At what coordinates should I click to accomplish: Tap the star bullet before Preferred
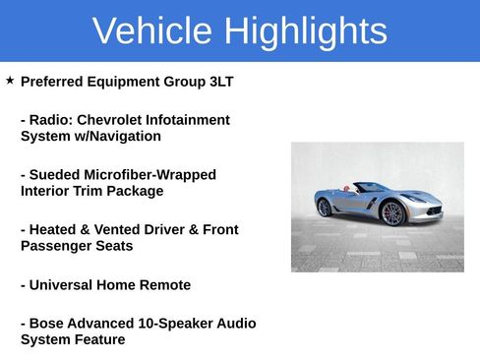pyautogui.click(x=10, y=80)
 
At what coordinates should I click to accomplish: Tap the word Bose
pyautogui.click(x=51, y=324)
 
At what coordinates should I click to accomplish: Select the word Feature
pyautogui.click(x=98, y=340)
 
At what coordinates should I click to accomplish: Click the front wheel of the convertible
pyautogui.click(x=393, y=213)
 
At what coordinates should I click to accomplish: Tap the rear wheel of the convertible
pyautogui.click(x=325, y=208)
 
